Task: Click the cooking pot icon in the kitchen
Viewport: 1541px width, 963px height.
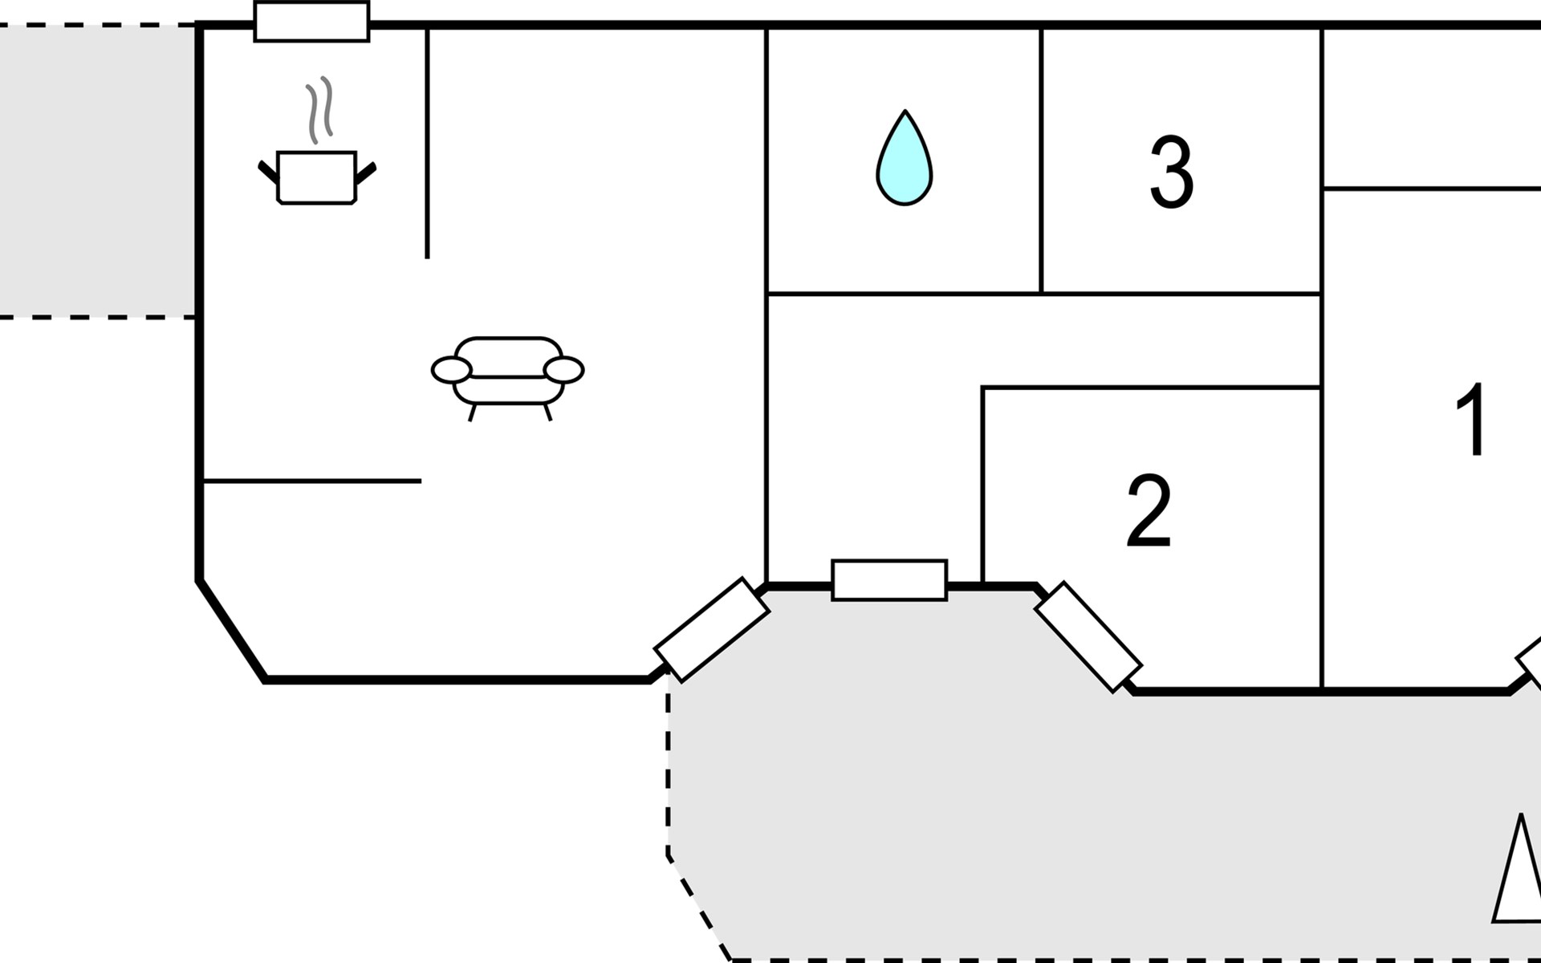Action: pos(316,177)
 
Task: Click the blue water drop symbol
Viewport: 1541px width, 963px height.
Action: pos(905,158)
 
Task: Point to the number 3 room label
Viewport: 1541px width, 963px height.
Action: pos(1171,172)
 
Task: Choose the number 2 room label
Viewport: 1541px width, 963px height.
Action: pos(1149,511)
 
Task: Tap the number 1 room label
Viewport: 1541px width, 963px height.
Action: pos(1473,418)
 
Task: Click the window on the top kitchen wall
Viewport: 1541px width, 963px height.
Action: pos(311,22)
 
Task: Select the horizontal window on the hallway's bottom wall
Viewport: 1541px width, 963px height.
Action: pos(889,579)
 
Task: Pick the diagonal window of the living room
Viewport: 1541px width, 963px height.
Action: pos(712,630)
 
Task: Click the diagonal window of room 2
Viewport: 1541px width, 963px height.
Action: pos(1088,637)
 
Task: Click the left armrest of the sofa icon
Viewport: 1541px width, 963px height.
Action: pos(451,370)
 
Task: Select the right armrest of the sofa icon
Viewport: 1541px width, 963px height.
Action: pos(563,370)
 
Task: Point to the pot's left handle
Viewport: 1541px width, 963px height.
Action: pos(268,172)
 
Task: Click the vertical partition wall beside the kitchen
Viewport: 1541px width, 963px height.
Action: pos(427,144)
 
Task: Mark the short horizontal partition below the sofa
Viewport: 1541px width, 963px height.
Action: pos(313,481)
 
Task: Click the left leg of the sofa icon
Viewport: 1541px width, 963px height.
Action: pos(473,412)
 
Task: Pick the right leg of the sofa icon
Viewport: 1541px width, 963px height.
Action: pos(548,412)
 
